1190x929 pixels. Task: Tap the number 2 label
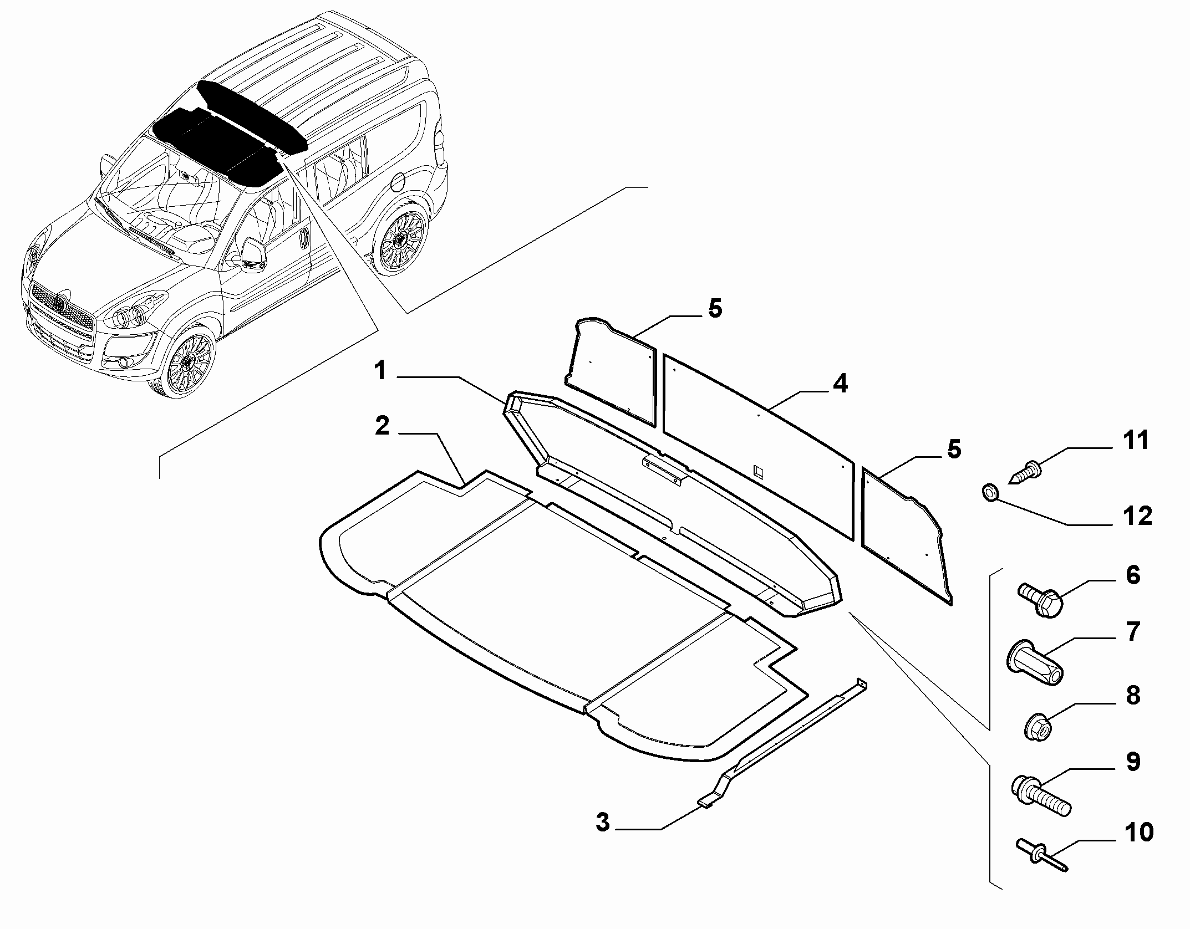click(382, 426)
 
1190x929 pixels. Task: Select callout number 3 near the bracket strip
click(603, 838)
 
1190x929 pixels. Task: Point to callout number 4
click(841, 384)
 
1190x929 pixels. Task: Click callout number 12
click(1137, 516)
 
